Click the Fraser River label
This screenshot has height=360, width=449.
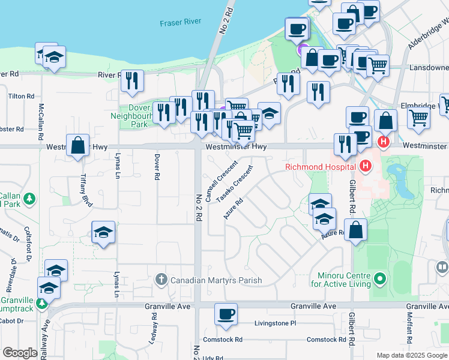[180, 23]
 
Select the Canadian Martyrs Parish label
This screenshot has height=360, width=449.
[216, 280]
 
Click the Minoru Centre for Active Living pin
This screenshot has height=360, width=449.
[379, 279]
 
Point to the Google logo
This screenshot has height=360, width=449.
[20, 352]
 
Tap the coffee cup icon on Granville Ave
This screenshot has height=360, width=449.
[226, 315]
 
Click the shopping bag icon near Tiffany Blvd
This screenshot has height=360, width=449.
[78, 146]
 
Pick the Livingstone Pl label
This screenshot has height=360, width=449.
[276, 323]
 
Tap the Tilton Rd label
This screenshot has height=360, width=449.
[21, 96]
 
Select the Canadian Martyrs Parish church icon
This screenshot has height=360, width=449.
[161, 280]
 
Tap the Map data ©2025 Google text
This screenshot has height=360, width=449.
[411, 355]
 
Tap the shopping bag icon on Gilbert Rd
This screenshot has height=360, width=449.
[356, 230]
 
